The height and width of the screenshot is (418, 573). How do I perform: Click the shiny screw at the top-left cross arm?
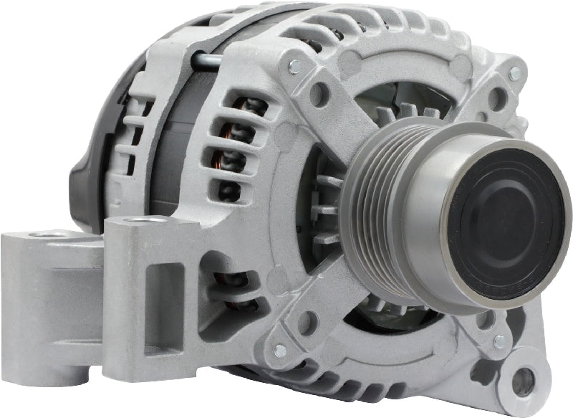(x=294, y=68)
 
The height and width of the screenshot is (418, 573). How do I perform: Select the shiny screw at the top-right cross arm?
(x=514, y=73)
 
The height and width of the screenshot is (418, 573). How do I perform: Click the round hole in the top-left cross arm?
(x=319, y=95)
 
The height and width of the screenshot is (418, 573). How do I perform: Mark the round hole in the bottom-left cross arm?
(x=308, y=323)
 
